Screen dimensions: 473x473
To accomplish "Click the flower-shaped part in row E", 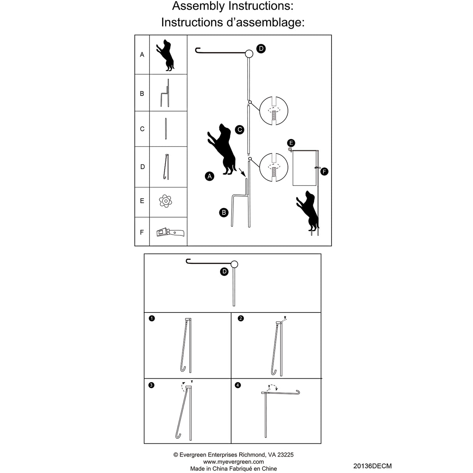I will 166,201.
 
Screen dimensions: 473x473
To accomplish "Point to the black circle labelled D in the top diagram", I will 261,48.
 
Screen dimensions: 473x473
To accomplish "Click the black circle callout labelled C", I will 240,130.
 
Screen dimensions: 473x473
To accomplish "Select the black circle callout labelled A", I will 210,176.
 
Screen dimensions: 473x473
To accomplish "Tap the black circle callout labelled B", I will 224,212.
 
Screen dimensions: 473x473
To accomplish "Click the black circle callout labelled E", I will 291,143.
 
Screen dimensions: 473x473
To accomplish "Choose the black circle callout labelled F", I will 324,171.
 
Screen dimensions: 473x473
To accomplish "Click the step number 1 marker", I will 152,318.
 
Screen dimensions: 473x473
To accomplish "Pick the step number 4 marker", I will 238,385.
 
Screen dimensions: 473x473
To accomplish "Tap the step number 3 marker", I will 151,385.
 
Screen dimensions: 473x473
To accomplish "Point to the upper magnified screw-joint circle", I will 274,111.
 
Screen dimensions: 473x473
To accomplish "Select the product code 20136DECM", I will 372,466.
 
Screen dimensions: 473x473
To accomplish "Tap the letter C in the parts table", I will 142,129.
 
